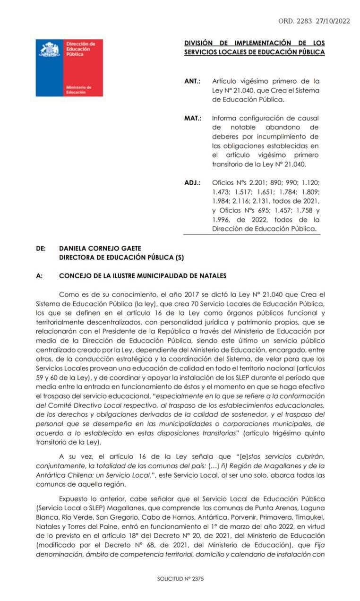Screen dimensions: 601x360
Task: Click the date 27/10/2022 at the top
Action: click(333, 21)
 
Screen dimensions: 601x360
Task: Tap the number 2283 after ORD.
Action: click(305, 21)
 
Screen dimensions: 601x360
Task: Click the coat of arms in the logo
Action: click(50, 50)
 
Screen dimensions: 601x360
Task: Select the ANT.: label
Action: click(192, 81)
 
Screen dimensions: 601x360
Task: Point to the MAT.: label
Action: click(193, 118)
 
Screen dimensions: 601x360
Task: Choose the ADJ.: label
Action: click(192, 182)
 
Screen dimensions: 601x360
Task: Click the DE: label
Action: click(41, 248)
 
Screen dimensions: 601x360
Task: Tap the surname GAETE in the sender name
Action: click(131, 248)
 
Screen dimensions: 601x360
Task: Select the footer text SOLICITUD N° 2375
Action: click(180, 579)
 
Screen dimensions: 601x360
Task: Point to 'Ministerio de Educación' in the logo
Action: click(79, 90)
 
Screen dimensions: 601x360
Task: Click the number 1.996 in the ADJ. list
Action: click(222, 220)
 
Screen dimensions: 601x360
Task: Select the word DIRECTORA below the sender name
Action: click(78, 258)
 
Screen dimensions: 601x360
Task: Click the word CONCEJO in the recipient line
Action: click(75, 276)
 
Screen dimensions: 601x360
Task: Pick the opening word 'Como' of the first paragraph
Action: click(68, 294)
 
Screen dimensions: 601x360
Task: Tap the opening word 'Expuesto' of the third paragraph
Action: click(74, 498)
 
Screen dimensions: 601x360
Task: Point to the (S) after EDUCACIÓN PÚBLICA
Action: click(179, 258)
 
